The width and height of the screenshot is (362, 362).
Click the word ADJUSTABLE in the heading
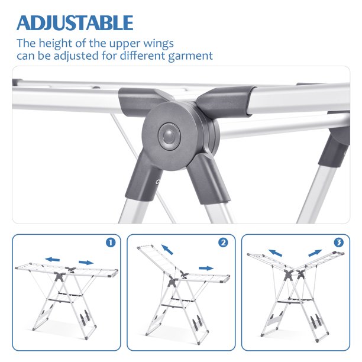pyautogui.click(x=75, y=22)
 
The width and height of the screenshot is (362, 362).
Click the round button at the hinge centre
pyautogui.click(x=169, y=137)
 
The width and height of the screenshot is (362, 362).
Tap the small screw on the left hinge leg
pyautogui.click(x=158, y=182)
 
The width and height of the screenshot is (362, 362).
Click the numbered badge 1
pyautogui.click(x=111, y=243)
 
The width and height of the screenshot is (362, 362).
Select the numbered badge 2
pyautogui.click(x=223, y=243)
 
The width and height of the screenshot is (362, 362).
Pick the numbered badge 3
pyautogui.click(x=339, y=243)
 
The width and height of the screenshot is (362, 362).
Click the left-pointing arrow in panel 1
pyautogui.click(x=53, y=260)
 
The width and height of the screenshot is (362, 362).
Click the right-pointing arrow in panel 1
pyautogui.click(x=86, y=263)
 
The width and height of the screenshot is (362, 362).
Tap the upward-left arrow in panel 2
pyautogui.click(x=167, y=250)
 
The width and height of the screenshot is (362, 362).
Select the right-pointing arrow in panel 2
pyautogui.click(x=206, y=268)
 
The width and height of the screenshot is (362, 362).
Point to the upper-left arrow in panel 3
pyautogui.click(x=275, y=253)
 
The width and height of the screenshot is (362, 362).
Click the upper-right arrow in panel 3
pyautogui.click(x=315, y=253)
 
